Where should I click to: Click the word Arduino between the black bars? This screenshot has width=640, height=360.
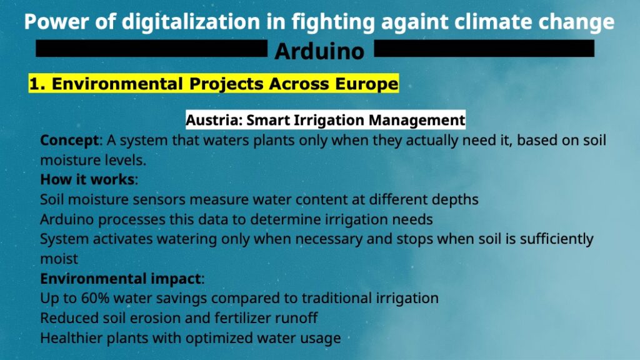click(319, 51)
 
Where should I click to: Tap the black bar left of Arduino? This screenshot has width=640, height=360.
click(151, 48)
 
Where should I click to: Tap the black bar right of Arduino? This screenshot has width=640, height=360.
click(484, 48)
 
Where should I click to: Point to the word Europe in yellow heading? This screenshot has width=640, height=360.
click(366, 84)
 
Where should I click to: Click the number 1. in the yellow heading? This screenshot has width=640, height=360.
click(37, 84)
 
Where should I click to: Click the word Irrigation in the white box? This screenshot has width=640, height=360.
click(330, 120)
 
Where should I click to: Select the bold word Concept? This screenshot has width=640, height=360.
click(69, 141)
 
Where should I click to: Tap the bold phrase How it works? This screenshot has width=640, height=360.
click(87, 179)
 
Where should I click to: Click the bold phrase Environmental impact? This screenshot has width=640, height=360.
click(121, 279)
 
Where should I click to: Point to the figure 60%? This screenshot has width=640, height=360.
click(95, 298)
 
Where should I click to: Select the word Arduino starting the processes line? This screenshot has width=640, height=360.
click(67, 219)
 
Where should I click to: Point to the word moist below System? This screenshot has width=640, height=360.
click(59, 259)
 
